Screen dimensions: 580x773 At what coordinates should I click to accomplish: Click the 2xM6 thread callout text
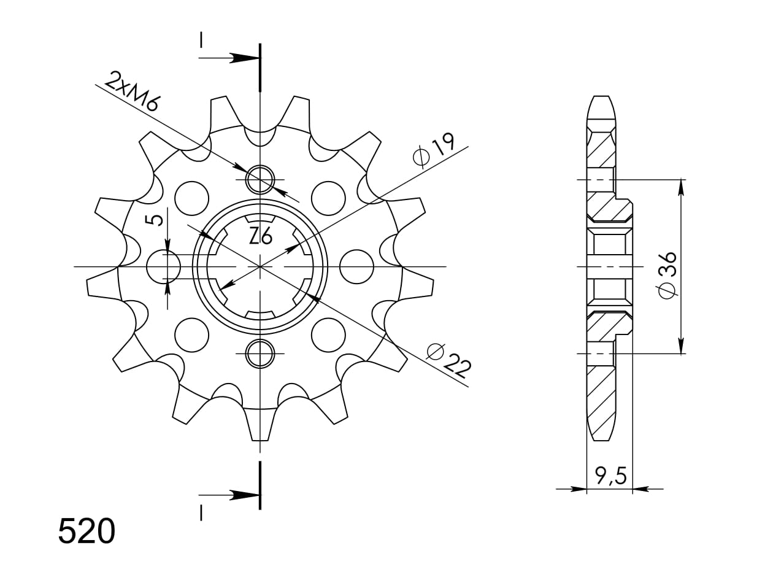[132, 91]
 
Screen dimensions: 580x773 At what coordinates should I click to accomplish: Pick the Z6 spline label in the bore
[260, 236]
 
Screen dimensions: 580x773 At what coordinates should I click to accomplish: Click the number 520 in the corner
[87, 532]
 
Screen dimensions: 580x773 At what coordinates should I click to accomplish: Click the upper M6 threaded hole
[260, 180]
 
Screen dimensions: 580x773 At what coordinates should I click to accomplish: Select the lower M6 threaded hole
[260, 354]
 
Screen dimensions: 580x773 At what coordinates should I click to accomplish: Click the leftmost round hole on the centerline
[164, 267]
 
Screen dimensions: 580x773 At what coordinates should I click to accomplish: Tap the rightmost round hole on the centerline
[356, 267]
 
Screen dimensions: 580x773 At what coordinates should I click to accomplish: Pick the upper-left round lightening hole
[191, 198]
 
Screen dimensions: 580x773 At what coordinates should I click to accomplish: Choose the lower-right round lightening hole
[328, 335]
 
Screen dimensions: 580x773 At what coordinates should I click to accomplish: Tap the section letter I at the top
[201, 40]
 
